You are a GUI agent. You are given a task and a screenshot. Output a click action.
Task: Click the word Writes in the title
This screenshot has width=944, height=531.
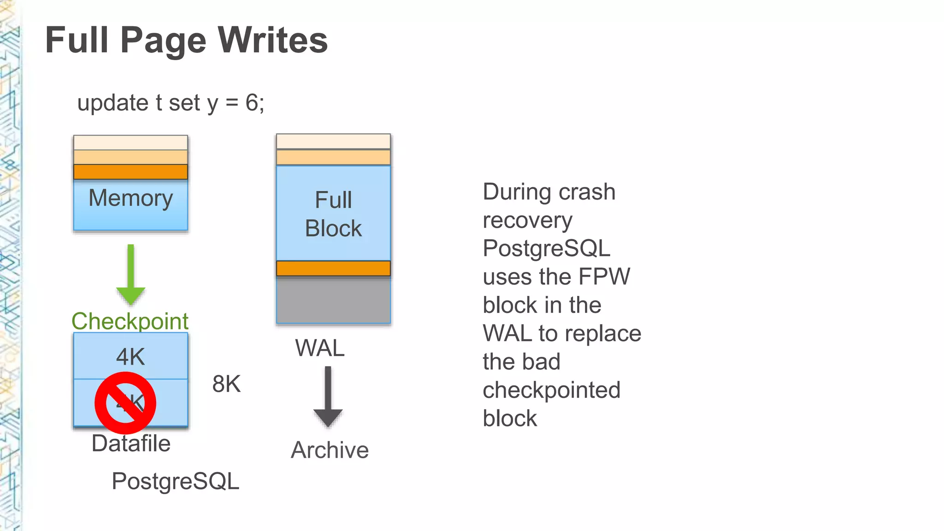coord(272,40)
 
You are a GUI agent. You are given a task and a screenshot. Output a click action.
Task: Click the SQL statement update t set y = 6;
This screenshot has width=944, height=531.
coord(171,102)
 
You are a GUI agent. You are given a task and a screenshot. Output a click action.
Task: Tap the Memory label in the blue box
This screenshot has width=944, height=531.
coord(130,198)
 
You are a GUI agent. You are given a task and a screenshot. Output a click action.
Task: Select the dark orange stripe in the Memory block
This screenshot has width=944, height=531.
coord(130,172)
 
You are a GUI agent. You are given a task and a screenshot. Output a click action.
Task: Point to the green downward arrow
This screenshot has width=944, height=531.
coord(131,274)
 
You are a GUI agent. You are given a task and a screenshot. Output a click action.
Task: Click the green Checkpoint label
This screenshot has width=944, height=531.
coord(130,321)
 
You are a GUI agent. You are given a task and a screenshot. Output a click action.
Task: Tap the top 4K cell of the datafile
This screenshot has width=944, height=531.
coord(130,356)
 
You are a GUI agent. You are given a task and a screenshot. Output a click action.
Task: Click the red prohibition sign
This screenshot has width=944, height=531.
coord(125,403)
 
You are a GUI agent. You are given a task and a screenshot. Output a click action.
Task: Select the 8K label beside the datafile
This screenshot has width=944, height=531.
coord(226,384)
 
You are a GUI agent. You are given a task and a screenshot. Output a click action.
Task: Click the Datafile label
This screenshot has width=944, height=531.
coord(131,443)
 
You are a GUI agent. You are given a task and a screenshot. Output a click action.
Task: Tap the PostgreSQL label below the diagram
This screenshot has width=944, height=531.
coord(175,481)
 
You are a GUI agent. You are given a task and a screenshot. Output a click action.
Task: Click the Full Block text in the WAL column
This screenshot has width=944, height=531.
coord(333,214)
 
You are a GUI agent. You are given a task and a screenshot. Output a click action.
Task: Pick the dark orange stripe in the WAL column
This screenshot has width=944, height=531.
coord(333,268)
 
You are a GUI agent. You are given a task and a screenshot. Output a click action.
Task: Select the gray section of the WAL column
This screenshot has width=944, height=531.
coord(333,300)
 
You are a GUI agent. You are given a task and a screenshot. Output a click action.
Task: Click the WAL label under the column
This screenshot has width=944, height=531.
coord(319,348)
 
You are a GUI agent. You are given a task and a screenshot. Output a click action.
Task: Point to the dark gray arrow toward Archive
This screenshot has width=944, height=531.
coord(328,396)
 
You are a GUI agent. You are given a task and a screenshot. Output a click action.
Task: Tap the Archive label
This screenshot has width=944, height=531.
coord(330,450)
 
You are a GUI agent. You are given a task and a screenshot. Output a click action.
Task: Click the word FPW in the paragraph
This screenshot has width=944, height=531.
coord(604,277)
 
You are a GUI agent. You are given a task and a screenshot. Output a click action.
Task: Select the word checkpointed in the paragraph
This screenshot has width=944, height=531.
coord(551,390)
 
